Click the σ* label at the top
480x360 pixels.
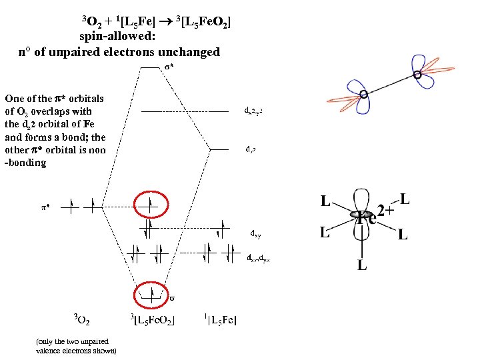coord(170,67)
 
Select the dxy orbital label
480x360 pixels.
coord(255,234)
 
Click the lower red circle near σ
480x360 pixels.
coord(151,293)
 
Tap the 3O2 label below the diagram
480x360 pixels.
coord(82,321)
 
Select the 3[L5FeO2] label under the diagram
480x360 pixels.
coord(154,321)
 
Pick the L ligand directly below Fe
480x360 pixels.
coord(362,265)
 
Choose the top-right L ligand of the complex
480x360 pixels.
coord(405,199)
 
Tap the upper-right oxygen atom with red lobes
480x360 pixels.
coord(417,75)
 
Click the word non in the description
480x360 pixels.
coord(97,150)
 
